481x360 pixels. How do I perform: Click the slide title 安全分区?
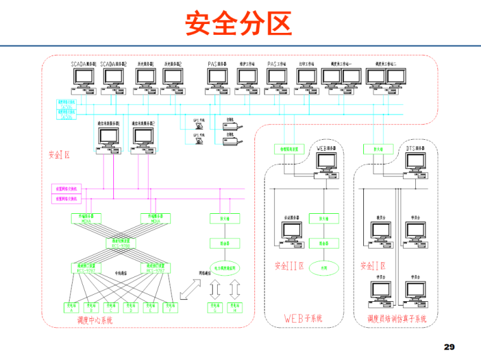click(x=239, y=24)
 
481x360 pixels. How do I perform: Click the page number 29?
click(x=449, y=347)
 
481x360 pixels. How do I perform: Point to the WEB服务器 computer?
click(x=328, y=162)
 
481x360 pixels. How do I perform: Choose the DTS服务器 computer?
click(x=416, y=162)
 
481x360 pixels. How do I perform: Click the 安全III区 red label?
click(x=290, y=266)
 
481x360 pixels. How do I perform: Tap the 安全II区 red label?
click(x=373, y=266)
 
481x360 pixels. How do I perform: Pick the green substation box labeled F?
click(x=169, y=307)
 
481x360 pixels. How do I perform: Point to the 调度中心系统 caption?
click(x=90, y=321)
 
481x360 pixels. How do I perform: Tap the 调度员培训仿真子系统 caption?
click(x=397, y=318)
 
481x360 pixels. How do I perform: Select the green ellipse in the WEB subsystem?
click(x=323, y=268)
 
